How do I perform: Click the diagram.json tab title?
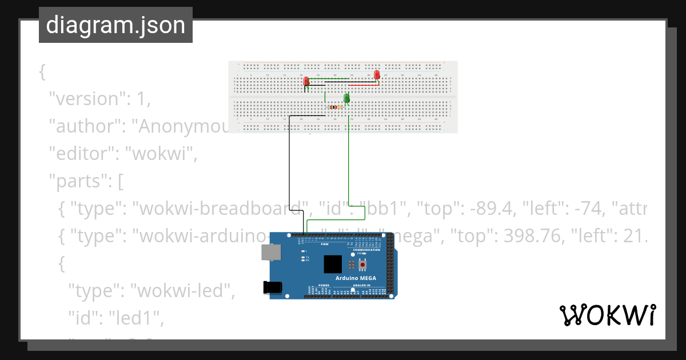pos(115,25)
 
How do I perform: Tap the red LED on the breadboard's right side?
pos(377,75)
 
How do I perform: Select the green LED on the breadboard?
pos(346,99)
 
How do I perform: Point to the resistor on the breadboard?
pos(334,107)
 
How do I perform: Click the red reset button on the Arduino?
pos(362,265)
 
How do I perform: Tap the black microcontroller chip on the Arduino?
pos(333,264)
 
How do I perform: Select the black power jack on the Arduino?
pos(273,287)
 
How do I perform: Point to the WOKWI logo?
pos(607,315)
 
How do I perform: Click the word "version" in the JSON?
pos(86,99)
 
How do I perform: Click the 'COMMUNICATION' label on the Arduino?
pos(366,250)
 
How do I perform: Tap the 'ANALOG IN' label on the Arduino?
pos(361,285)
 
